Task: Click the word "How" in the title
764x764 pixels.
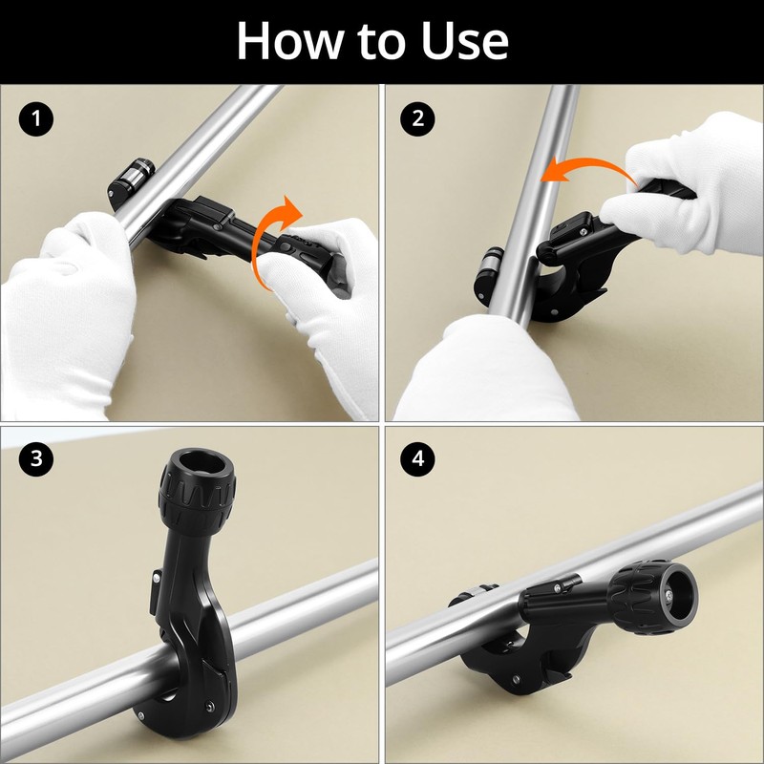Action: click(x=290, y=40)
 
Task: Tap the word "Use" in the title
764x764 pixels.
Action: click(x=464, y=41)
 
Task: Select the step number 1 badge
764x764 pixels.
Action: click(x=36, y=118)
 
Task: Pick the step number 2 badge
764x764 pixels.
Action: click(x=417, y=118)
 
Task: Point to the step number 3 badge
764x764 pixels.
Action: click(x=36, y=458)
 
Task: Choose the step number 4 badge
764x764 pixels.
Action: click(x=417, y=458)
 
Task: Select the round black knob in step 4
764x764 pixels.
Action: click(x=653, y=597)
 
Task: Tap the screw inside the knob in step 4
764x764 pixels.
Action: click(x=669, y=595)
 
